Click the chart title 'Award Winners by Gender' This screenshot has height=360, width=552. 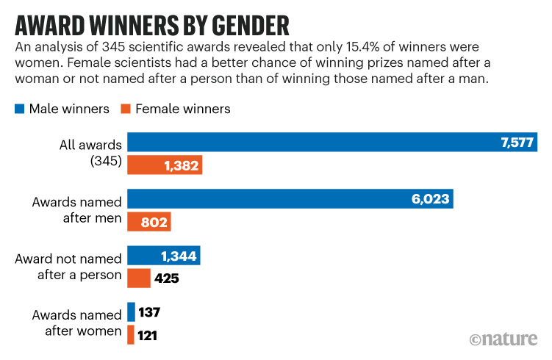151,24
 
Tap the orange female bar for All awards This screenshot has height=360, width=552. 165,165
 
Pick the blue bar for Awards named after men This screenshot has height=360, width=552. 290,198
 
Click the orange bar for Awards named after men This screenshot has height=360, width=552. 148,222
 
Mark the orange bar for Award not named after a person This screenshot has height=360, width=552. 138,278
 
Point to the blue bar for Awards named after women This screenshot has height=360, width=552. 131,312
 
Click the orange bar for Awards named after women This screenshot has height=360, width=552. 130,335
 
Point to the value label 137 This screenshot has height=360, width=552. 148,312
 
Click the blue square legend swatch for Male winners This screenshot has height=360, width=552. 19,109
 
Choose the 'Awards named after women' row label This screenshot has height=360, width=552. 76,323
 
